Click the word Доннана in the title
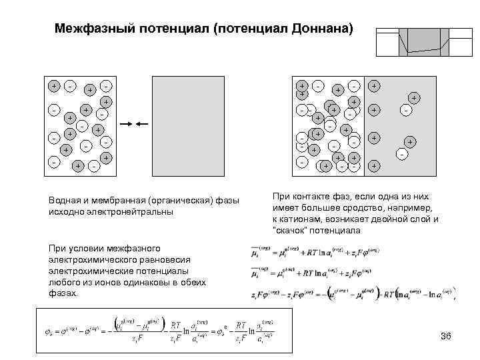(x=322, y=29)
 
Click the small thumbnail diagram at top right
(x=420, y=42)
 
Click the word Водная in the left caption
(x=65, y=201)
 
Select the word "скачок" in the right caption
(x=289, y=230)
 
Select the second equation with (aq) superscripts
(x=313, y=272)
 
